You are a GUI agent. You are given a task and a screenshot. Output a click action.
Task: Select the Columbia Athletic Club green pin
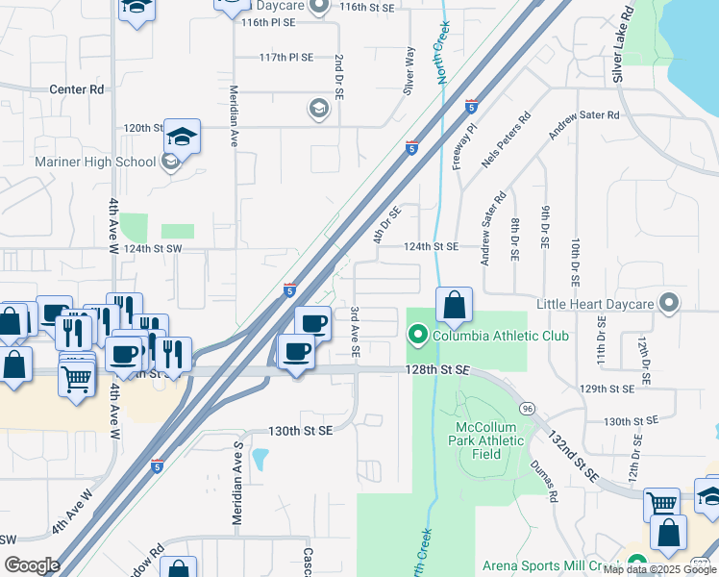coord(417,336)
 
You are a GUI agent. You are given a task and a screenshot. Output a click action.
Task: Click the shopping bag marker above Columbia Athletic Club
coord(454,307)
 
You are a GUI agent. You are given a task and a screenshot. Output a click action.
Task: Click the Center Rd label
coord(77,89)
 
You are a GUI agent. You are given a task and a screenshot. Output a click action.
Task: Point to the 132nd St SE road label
coord(573,455)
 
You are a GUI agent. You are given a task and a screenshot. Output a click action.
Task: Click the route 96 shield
coord(527,409)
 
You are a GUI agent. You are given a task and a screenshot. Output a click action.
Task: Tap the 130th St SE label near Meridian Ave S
coord(300,431)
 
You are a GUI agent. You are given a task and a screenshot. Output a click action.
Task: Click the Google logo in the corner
coord(32,565)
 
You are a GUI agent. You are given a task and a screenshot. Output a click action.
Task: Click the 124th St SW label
coord(153,249)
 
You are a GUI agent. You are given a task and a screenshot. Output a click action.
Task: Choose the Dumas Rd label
coord(543,481)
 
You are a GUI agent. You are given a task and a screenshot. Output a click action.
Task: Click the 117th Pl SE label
coord(285,58)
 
